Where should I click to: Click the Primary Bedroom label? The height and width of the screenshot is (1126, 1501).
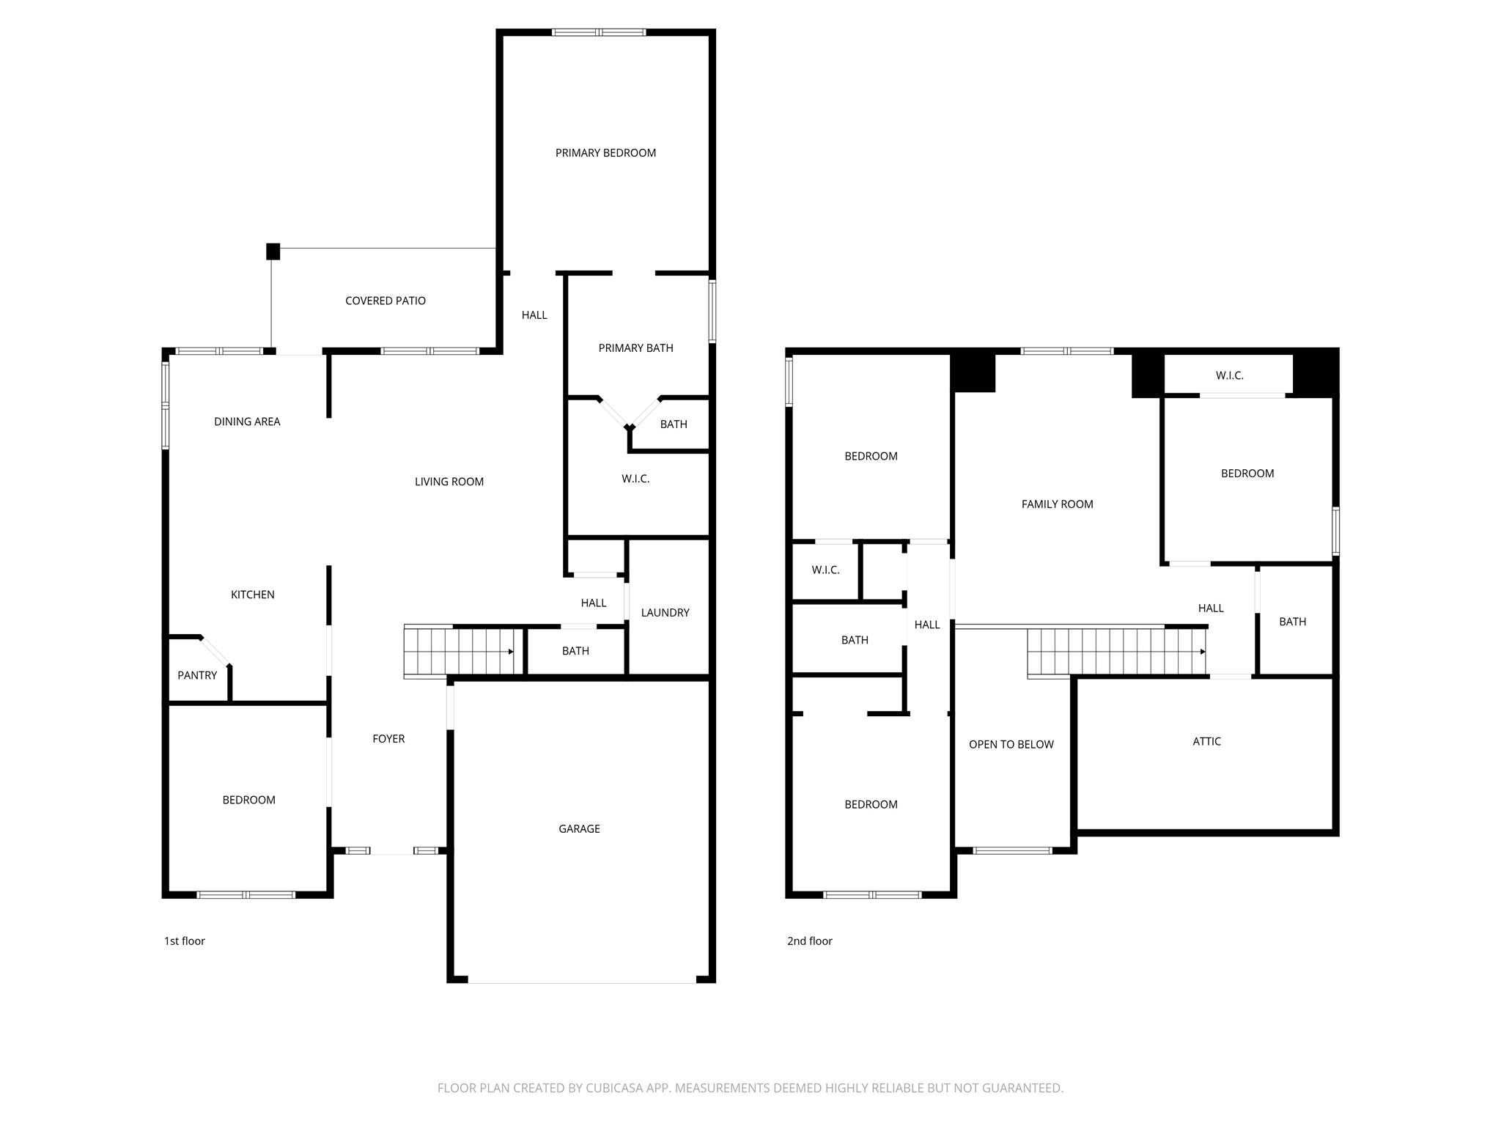(605, 152)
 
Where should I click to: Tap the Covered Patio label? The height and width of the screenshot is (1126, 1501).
(385, 301)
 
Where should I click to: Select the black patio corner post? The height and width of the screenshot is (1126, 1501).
(273, 251)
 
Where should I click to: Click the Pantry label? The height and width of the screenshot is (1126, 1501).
(197, 675)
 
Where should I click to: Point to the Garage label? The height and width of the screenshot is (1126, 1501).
(579, 828)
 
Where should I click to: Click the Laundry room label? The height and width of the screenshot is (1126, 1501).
(665, 612)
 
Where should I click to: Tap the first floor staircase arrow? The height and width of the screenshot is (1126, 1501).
(510, 651)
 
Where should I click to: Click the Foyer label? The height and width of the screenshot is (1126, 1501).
(388, 738)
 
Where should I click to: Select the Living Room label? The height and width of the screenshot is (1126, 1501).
(449, 482)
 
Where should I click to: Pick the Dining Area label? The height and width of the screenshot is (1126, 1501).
(247, 422)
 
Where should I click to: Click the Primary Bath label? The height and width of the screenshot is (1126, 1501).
(635, 347)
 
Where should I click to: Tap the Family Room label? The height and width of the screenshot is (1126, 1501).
(1057, 504)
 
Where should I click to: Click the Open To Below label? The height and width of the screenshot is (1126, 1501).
(1011, 744)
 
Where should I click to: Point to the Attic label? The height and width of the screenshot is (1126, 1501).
(1206, 741)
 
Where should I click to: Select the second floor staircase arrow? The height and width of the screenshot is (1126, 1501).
(1202, 652)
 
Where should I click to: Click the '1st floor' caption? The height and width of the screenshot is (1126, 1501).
(185, 941)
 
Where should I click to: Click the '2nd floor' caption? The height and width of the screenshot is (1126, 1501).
(809, 941)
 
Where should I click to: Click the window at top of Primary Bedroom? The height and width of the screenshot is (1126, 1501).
(599, 32)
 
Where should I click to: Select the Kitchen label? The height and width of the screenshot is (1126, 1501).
(252, 595)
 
